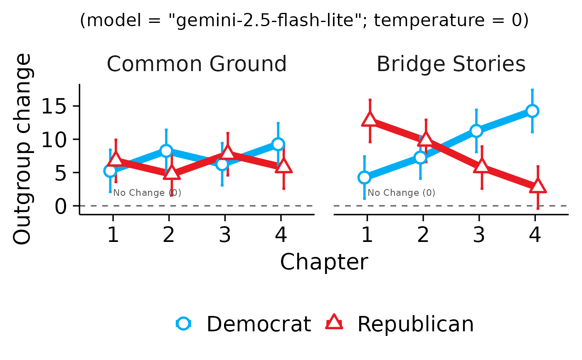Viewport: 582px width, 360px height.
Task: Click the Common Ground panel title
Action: click(x=197, y=64)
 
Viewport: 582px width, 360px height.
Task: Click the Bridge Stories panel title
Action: click(x=451, y=64)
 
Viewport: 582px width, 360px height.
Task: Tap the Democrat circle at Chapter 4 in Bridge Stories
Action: click(x=532, y=111)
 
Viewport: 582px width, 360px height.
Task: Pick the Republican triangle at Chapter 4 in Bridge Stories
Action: click(x=538, y=186)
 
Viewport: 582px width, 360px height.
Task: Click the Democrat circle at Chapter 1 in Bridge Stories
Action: click(x=364, y=178)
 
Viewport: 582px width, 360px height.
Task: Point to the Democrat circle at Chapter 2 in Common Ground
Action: click(x=166, y=150)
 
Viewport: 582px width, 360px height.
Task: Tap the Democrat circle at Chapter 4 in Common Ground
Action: click(x=278, y=144)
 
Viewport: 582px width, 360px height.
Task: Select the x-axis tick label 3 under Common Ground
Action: click(x=225, y=235)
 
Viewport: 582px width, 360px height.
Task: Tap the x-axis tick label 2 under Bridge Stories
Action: click(x=423, y=235)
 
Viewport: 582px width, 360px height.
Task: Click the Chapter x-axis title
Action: click(x=324, y=262)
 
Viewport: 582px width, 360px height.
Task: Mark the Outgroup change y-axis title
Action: click(x=22, y=150)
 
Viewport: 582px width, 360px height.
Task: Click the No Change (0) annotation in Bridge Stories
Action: click(x=402, y=193)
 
